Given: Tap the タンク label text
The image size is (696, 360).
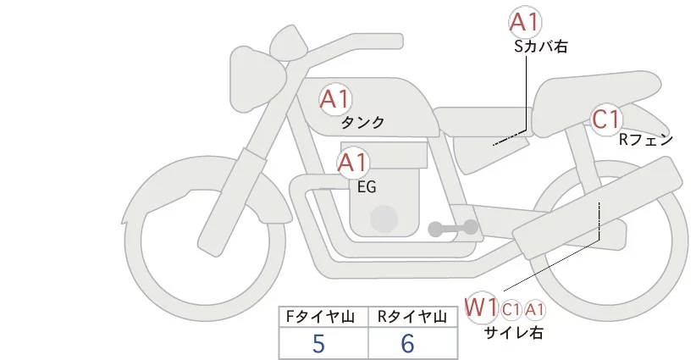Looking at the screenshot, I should (x=363, y=123).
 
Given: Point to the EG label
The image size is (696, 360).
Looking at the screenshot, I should (x=367, y=187).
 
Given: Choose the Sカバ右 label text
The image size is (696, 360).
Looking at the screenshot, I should (x=540, y=47).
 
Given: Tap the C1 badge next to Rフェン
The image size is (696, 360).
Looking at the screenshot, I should (x=606, y=119).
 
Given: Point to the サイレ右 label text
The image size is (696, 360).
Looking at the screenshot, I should (x=514, y=333).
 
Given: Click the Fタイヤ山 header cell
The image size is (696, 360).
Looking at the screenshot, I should (x=324, y=317).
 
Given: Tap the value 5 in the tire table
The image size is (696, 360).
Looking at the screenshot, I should (x=318, y=345).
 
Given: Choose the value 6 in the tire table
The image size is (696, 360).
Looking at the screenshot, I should (x=407, y=345).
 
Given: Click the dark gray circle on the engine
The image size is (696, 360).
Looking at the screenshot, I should (x=385, y=219).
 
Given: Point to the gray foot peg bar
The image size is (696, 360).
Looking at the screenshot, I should (x=453, y=228).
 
